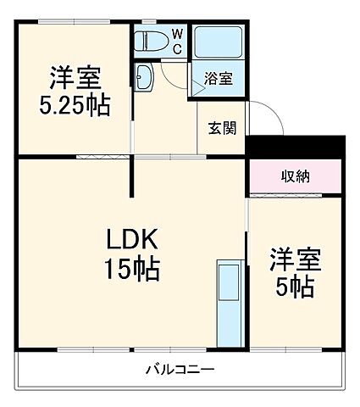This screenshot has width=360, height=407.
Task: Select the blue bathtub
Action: (x=219, y=42)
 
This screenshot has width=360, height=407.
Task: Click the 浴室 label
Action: (x=219, y=79)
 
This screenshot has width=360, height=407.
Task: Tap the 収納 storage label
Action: (x=296, y=176)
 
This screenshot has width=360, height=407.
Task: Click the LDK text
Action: (x=126, y=237)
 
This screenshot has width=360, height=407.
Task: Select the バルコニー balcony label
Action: (x=179, y=370)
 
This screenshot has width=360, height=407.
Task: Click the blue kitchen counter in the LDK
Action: (x=228, y=301)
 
